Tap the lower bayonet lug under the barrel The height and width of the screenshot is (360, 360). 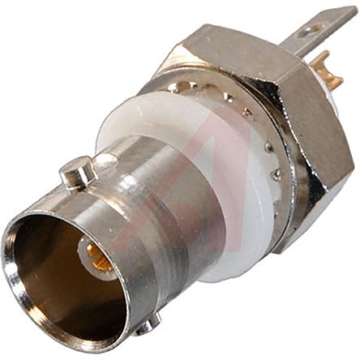(147, 324)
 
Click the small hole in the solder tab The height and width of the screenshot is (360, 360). (308, 31)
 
